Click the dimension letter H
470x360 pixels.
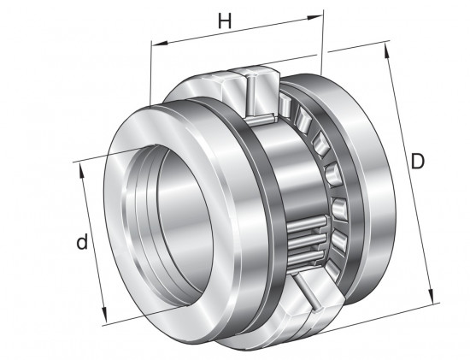[x=225, y=21]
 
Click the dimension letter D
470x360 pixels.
[x=418, y=161]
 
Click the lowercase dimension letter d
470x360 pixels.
[x=82, y=242]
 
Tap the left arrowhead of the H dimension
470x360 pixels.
[x=160, y=44]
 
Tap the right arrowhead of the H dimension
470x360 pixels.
[x=314, y=17]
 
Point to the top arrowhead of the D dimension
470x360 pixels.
[x=387, y=51]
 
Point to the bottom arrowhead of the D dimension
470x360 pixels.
[x=431, y=296]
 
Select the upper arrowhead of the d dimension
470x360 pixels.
[x=80, y=171]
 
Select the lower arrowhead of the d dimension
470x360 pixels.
[x=104, y=314]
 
